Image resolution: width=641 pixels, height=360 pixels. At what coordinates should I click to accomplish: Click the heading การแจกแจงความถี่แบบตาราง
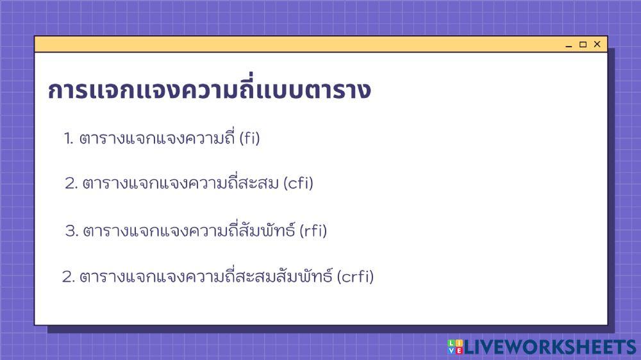tap(209, 91)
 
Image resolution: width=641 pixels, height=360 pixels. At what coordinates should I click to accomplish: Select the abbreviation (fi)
tap(249, 138)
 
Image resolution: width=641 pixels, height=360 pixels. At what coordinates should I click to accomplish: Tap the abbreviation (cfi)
tap(298, 184)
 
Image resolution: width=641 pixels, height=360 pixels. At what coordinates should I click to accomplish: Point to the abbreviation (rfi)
tap(313, 231)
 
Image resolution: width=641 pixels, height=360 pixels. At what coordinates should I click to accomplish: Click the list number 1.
tap(69, 138)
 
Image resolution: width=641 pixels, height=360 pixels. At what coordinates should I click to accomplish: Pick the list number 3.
tap(71, 231)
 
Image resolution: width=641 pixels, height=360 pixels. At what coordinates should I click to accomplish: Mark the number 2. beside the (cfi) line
tap(71, 184)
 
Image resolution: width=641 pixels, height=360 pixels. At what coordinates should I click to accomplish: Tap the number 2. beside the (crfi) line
tap(69, 277)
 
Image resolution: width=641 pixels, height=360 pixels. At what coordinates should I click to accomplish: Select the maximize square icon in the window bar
tap(583, 44)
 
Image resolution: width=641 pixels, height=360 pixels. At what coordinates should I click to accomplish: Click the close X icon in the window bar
tap(597, 44)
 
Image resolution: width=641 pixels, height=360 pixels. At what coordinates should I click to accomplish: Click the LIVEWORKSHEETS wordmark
tap(549, 347)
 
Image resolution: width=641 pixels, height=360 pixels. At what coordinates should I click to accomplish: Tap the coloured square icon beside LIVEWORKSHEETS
tap(454, 347)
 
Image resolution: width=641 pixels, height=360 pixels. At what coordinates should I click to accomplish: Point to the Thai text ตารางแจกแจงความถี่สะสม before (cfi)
tap(180, 184)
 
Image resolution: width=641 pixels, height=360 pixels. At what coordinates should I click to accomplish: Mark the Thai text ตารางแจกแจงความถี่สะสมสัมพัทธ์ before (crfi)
tap(206, 277)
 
